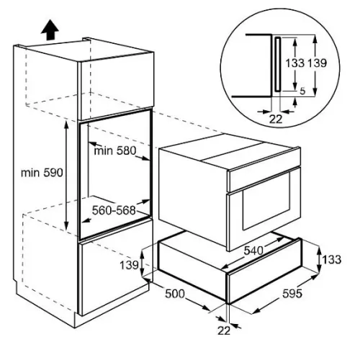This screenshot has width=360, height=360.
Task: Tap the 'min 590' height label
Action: pyautogui.click(x=42, y=173)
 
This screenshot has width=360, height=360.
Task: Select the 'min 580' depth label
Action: pyautogui.click(x=115, y=150)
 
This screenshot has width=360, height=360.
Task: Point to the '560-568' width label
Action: pyautogui.click(x=114, y=210)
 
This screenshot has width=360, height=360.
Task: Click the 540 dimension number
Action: pyautogui.click(x=253, y=251)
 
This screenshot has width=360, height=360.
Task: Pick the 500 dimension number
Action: pyautogui.click(x=175, y=294)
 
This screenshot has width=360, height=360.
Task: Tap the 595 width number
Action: pyautogui.click(x=292, y=293)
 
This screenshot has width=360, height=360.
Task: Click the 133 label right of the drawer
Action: pyautogui.click(x=331, y=260)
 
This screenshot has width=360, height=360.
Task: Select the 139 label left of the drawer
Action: pyautogui.click(x=129, y=265)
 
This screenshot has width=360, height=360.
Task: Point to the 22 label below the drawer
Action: pyautogui.click(x=224, y=330)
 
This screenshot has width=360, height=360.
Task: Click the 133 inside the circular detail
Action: pyautogui.click(x=294, y=63)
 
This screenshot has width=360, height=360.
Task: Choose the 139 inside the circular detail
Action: pyautogui.click(x=317, y=63)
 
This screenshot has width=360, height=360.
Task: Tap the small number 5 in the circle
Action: pyautogui.click(x=302, y=91)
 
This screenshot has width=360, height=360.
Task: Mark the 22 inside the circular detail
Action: pyautogui.click(x=276, y=119)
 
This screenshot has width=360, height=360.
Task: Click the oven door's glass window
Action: pyautogui.click(x=266, y=202)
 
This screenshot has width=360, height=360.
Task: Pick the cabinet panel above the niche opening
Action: pyautogui.click(x=117, y=86)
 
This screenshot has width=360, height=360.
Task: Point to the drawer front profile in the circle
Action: pyautogui.click(x=278, y=64)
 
